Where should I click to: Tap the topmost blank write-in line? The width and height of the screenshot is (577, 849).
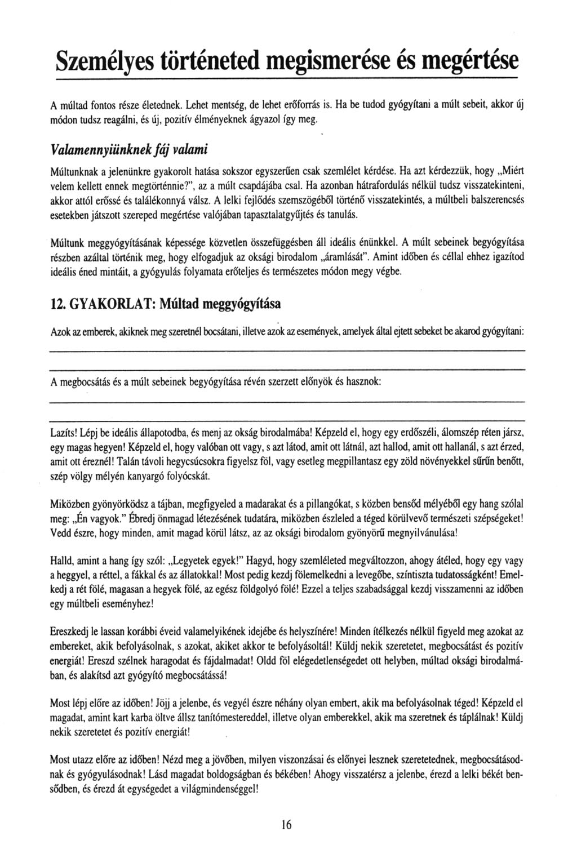click(287, 351)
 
